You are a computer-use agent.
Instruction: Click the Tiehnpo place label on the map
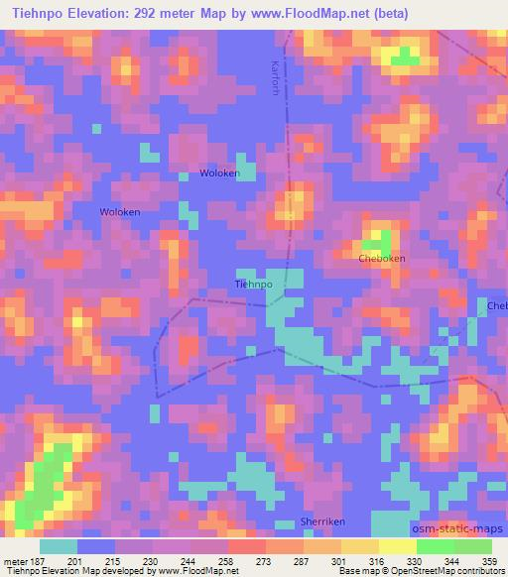click(x=253, y=284)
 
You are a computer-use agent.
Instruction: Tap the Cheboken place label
click(x=381, y=258)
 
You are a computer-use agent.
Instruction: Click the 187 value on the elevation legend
click(x=38, y=561)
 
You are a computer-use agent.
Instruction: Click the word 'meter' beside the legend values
click(x=14, y=561)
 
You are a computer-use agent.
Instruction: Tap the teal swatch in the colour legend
click(x=58, y=546)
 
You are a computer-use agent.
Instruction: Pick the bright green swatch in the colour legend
click(x=435, y=546)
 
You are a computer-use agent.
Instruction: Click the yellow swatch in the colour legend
click(x=397, y=546)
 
